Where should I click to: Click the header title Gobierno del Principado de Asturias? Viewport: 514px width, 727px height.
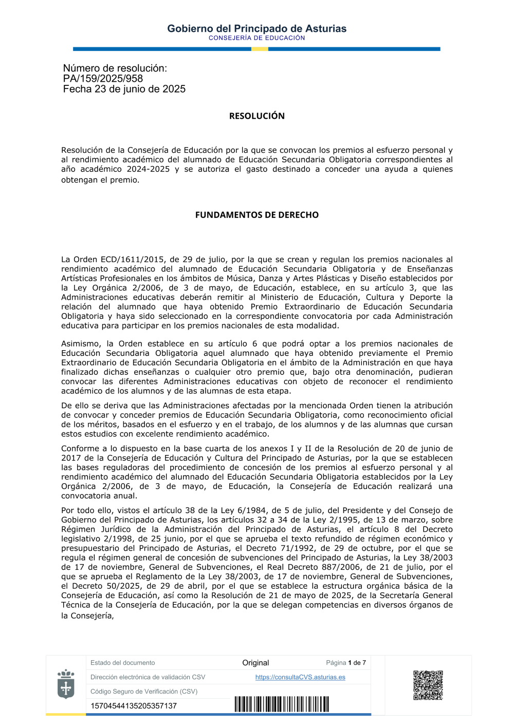click(x=256, y=29)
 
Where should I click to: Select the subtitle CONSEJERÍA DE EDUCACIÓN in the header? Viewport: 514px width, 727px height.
click(x=256, y=38)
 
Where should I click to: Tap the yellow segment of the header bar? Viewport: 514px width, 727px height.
click(x=260, y=49)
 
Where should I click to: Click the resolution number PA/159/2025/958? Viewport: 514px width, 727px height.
click(x=103, y=79)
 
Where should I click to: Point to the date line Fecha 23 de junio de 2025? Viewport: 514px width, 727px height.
click(x=124, y=89)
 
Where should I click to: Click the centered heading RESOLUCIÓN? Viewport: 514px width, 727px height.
click(x=256, y=116)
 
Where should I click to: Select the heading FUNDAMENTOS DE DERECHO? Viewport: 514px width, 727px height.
click(x=256, y=215)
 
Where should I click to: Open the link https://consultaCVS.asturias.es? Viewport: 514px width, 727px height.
click(x=300, y=677)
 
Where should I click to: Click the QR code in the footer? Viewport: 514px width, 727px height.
click(x=428, y=685)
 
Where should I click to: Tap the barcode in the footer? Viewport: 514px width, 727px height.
click(x=282, y=704)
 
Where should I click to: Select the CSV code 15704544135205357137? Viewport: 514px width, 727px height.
click(x=134, y=706)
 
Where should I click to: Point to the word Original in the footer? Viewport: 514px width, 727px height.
click(x=255, y=663)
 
